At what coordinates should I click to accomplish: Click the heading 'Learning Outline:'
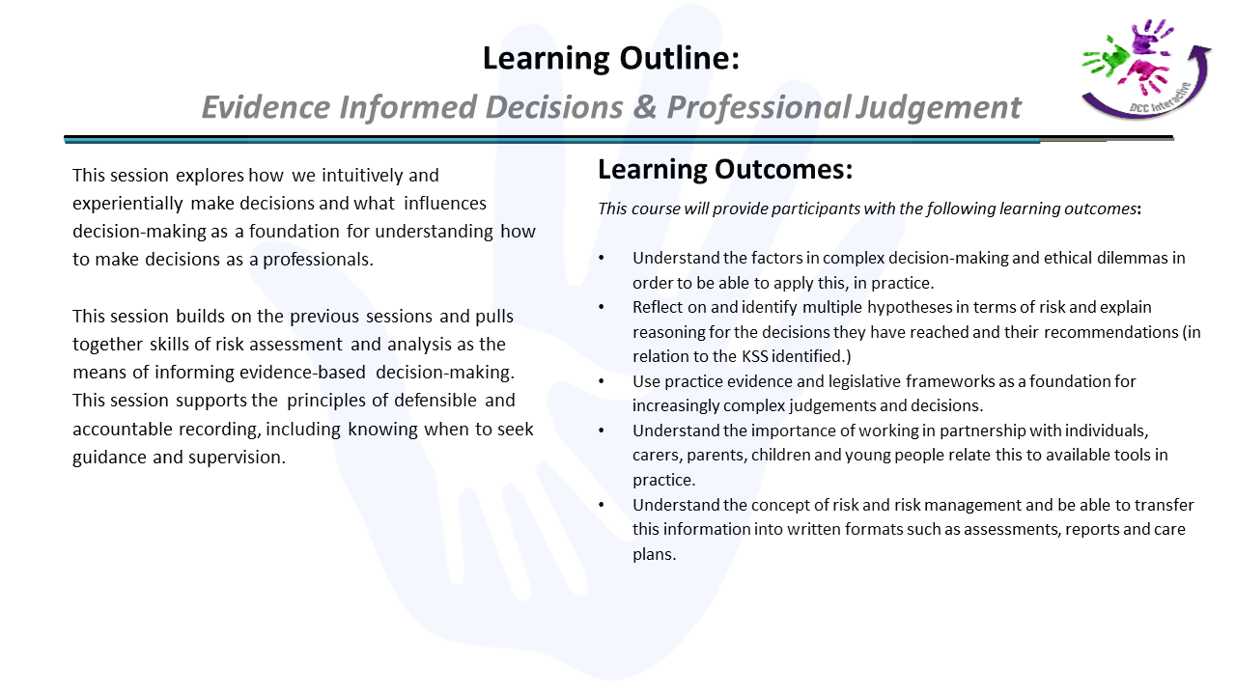(x=611, y=58)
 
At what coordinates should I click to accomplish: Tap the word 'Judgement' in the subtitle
(x=938, y=107)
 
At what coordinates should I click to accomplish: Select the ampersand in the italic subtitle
(x=644, y=106)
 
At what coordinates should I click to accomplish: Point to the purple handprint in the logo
(x=1150, y=37)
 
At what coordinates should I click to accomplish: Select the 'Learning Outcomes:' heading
(x=725, y=169)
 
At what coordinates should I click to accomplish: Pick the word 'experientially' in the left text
(x=127, y=204)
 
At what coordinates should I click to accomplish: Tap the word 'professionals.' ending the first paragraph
(x=318, y=260)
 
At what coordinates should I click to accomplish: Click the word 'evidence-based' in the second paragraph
(x=302, y=373)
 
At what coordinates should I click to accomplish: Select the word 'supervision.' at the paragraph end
(x=237, y=458)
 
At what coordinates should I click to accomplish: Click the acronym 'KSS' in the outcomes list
(x=755, y=356)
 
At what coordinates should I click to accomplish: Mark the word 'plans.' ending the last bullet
(x=655, y=554)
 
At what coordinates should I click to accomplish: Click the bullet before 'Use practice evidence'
(x=602, y=381)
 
